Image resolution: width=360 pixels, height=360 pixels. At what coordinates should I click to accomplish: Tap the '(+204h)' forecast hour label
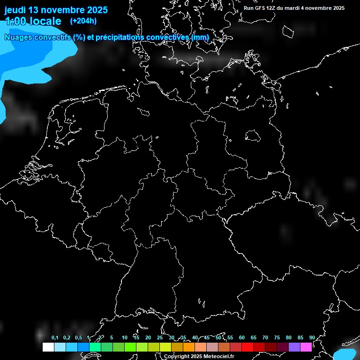(83, 21)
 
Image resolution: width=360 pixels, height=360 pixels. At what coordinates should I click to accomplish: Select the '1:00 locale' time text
(33, 21)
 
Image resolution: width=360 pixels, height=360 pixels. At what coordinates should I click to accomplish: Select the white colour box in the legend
(48, 347)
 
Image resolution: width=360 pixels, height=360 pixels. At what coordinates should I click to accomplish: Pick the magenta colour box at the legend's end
(306, 347)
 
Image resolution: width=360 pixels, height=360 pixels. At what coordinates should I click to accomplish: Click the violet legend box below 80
(294, 347)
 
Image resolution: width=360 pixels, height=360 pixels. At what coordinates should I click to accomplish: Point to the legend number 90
(312, 337)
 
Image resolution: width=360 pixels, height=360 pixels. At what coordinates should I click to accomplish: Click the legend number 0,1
(55, 337)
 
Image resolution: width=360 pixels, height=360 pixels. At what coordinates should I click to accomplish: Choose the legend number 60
(241, 337)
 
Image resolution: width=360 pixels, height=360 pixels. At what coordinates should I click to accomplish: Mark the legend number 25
(159, 337)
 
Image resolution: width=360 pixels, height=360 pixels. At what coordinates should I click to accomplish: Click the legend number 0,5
(78, 337)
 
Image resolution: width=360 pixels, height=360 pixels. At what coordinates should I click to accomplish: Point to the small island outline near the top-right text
(287, 31)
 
